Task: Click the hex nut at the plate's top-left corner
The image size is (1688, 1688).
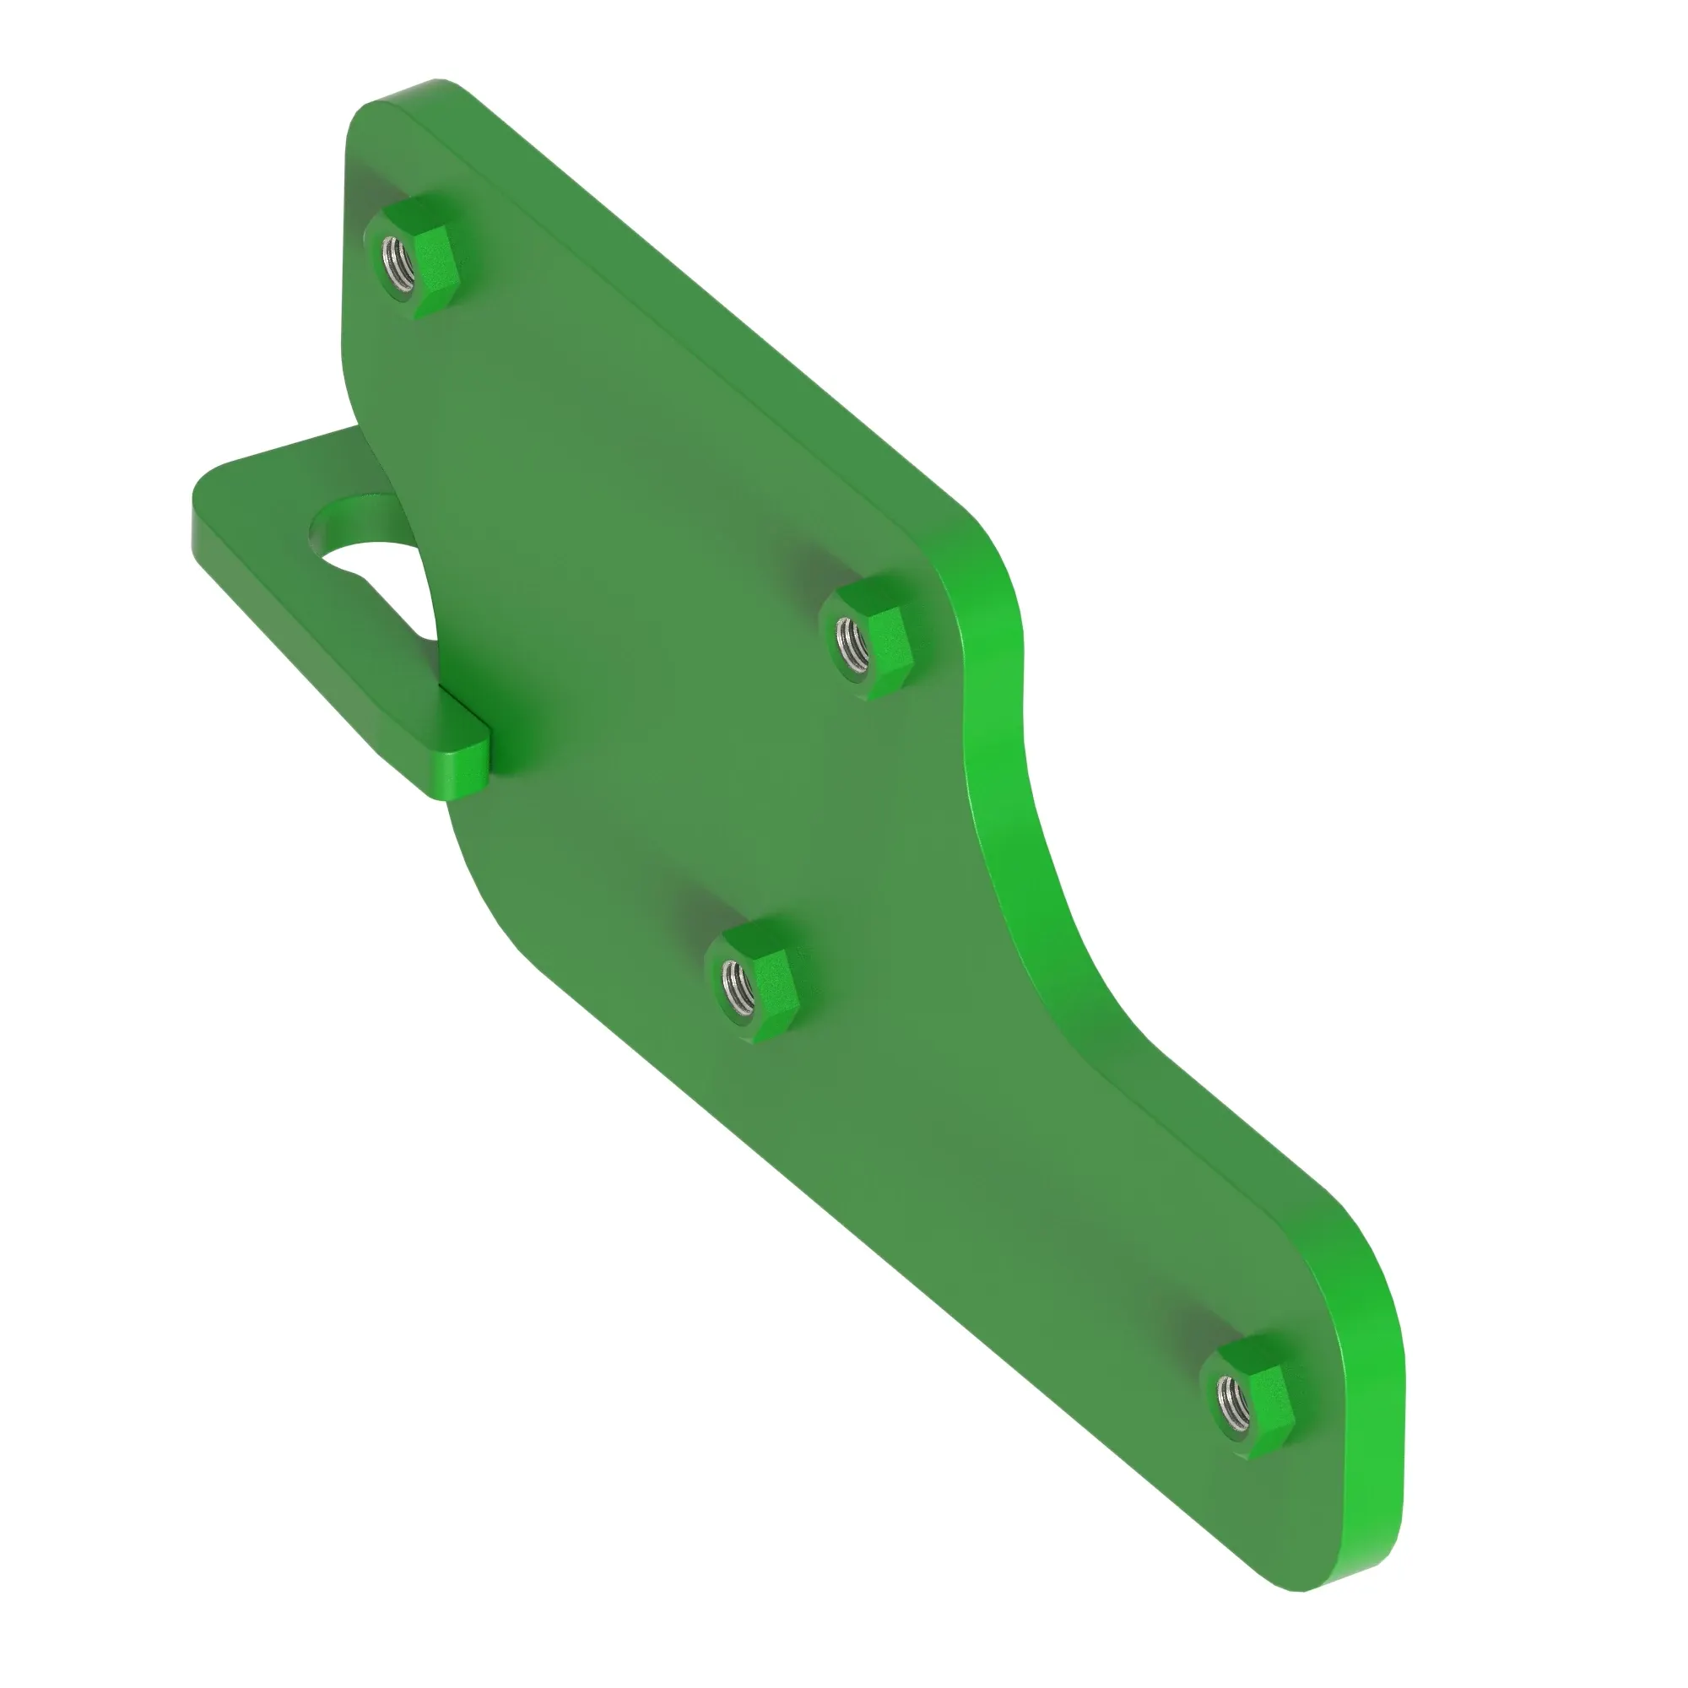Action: click(x=413, y=257)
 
